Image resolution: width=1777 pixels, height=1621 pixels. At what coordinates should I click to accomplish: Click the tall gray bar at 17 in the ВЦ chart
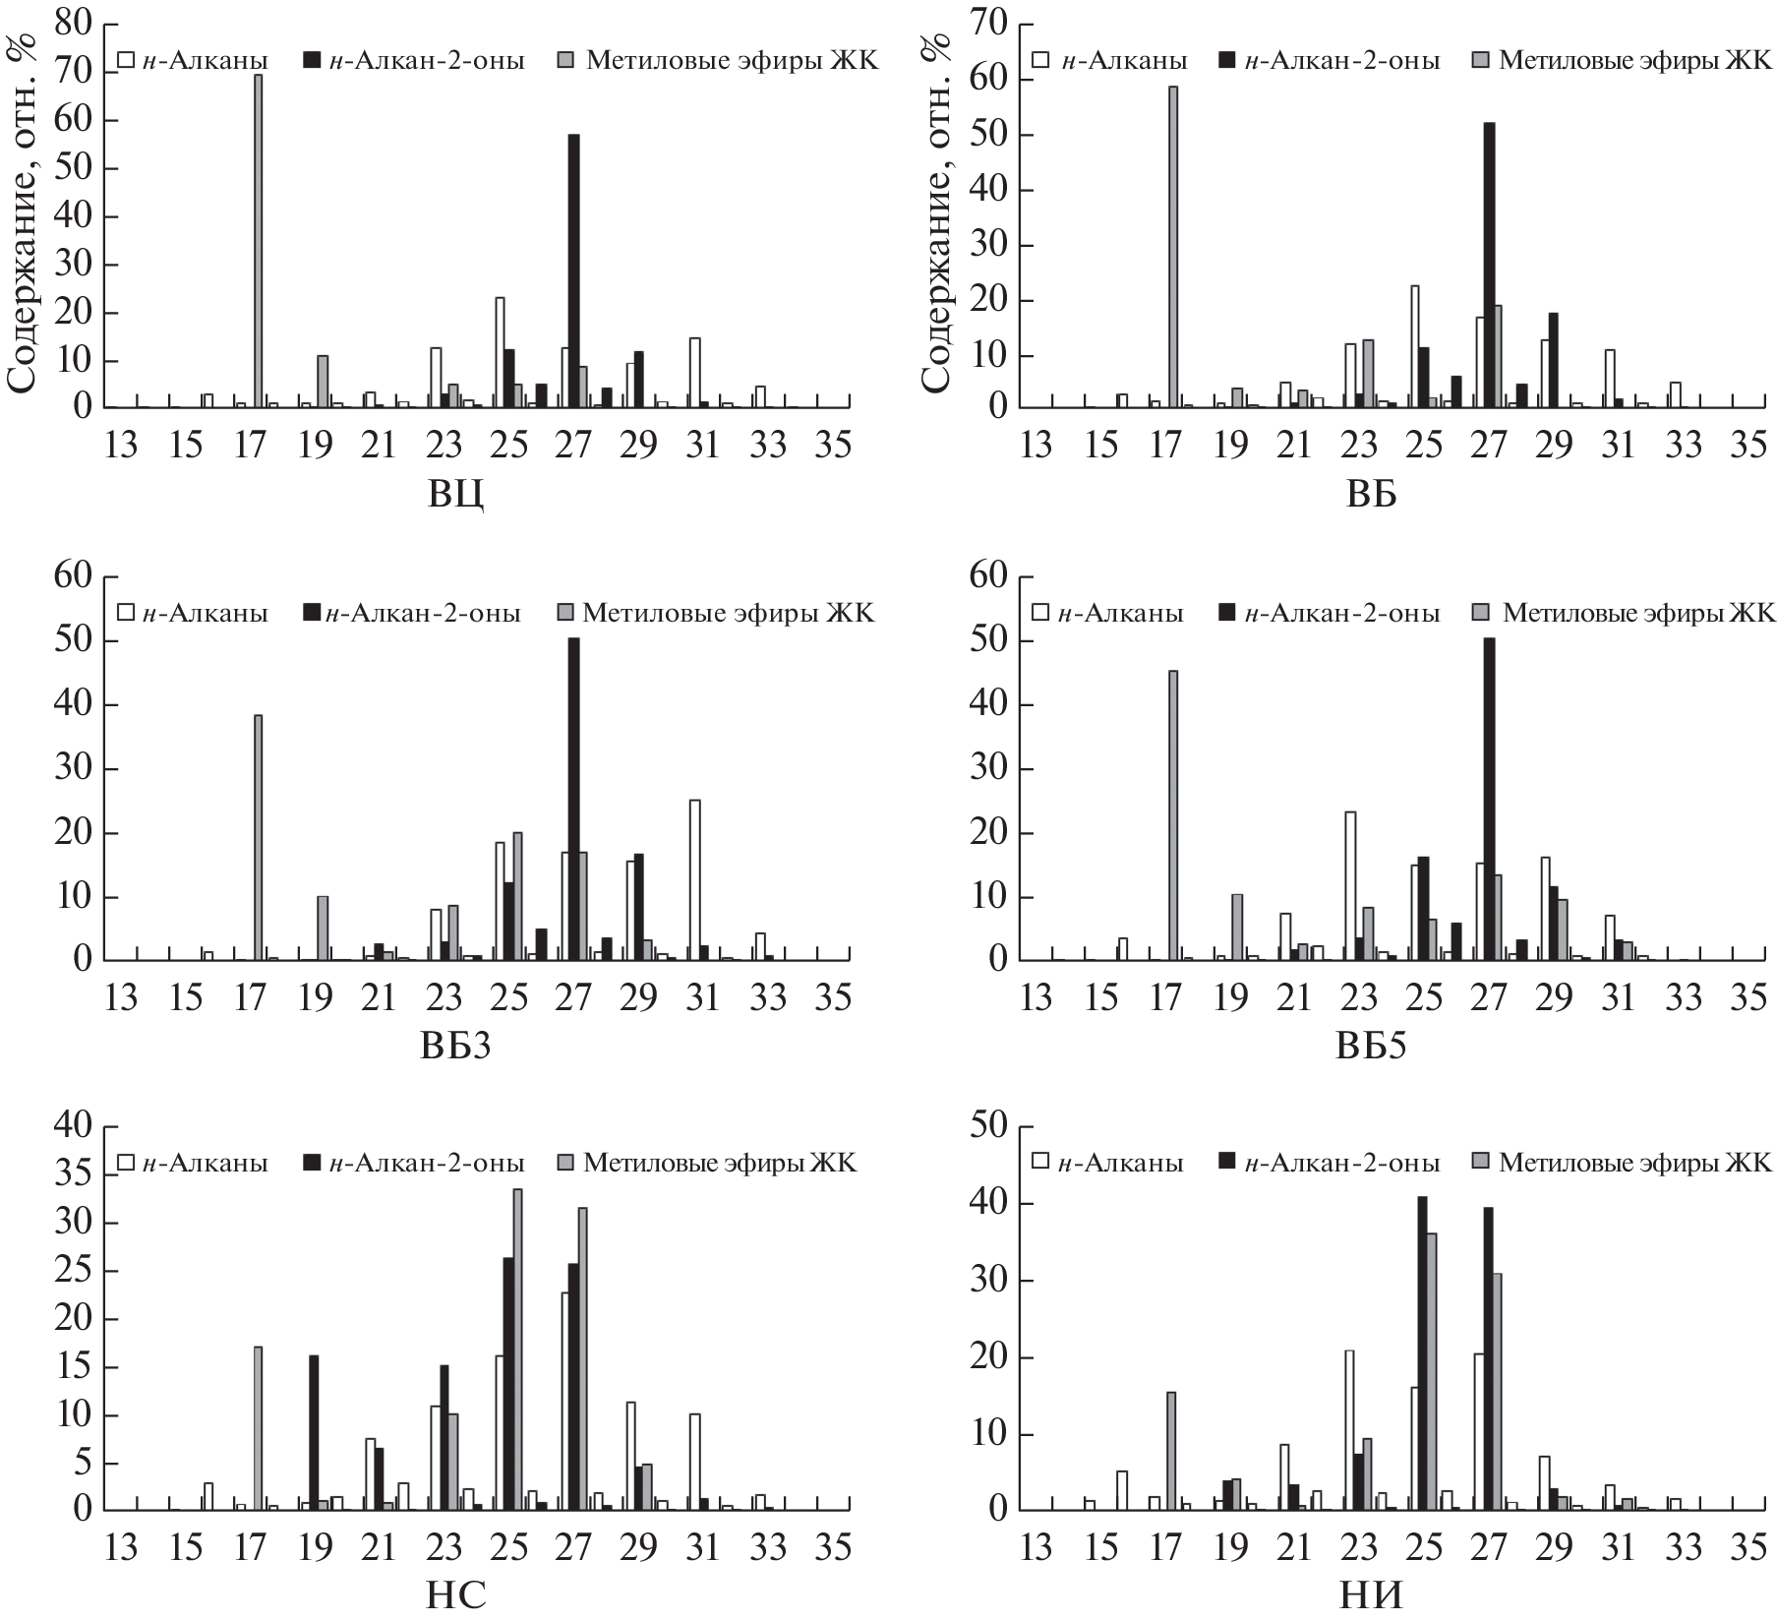point(258,241)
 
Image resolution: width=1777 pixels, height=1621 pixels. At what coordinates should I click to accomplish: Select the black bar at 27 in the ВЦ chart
point(573,270)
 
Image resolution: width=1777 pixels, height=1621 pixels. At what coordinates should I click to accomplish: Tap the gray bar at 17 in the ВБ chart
point(1172,246)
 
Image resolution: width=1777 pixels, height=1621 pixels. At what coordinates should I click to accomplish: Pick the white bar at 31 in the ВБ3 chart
point(694,880)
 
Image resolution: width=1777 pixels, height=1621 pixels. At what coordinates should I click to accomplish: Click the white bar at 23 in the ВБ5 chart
point(1350,885)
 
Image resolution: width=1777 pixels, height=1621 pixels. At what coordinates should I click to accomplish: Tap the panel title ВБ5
point(1371,1046)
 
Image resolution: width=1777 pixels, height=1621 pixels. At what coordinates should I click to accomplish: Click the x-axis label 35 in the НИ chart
point(1749,1548)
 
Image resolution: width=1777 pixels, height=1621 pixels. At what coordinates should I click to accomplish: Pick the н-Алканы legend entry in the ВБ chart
point(1110,61)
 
